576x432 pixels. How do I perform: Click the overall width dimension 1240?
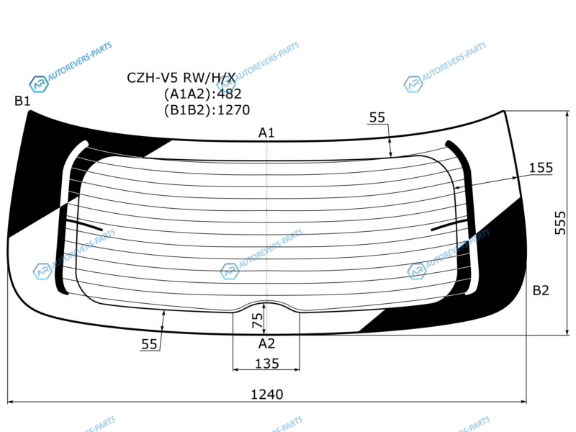point(266,394)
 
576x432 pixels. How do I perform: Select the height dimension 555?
point(560,222)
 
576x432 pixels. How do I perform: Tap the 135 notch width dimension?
point(267,364)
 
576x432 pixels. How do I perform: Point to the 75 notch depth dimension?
point(258,320)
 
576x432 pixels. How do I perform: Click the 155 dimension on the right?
point(541,168)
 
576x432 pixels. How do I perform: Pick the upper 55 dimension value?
point(377,117)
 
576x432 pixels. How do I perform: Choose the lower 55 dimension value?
point(149,344)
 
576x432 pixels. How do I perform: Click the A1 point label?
point(266,132)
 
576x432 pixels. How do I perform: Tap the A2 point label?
point(266,343)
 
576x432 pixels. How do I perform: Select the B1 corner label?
point(22,100)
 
